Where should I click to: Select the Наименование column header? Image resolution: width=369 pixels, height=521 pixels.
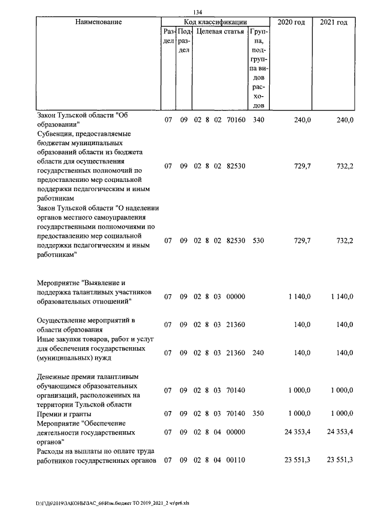98,22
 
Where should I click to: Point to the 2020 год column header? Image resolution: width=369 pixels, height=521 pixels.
291,22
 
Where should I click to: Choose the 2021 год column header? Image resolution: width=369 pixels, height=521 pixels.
334,22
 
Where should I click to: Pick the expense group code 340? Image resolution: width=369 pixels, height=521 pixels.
258,120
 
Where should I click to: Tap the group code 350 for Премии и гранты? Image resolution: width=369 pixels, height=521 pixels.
258,413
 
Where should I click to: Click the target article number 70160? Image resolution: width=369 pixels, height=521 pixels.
236,120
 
